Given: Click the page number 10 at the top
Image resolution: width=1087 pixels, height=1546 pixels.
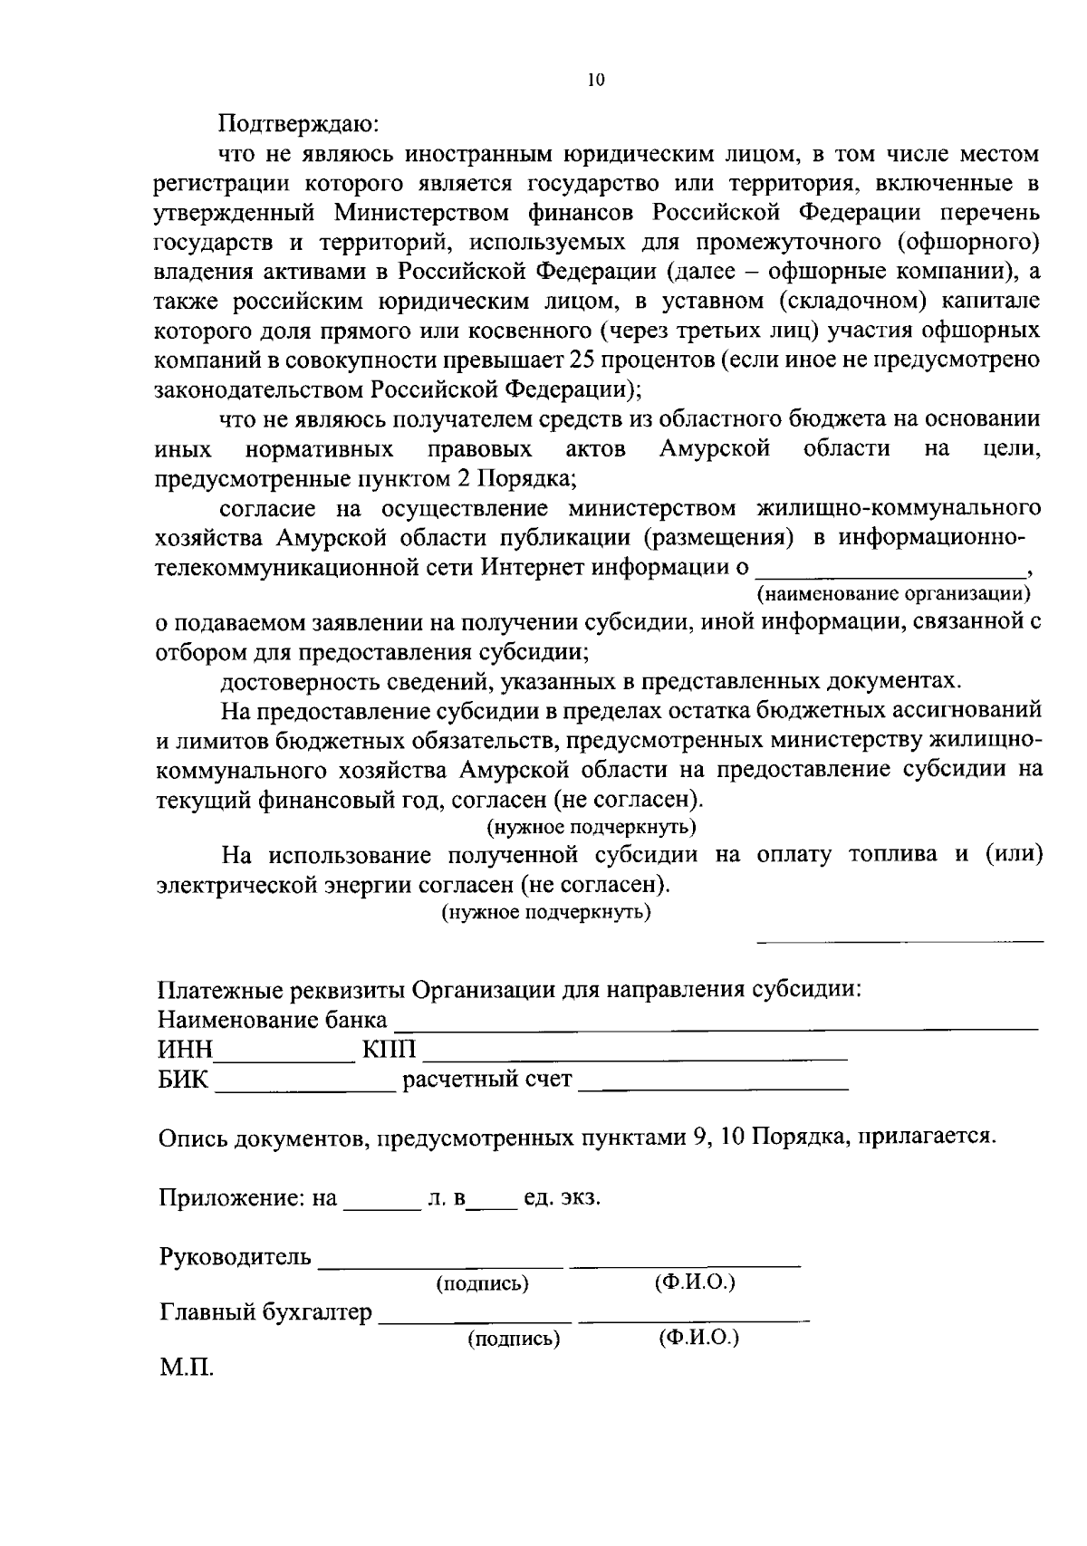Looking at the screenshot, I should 595,81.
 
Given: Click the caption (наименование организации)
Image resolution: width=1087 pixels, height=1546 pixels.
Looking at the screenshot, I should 894,594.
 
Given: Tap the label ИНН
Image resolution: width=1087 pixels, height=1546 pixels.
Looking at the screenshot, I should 186,1051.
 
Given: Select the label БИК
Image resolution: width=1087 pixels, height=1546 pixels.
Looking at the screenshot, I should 183,1080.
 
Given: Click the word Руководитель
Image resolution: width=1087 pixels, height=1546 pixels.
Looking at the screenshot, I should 236,1258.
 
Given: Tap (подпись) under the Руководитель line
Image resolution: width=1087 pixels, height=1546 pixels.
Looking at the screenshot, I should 482,1283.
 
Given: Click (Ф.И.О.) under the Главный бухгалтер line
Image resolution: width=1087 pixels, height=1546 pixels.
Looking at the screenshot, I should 698,1337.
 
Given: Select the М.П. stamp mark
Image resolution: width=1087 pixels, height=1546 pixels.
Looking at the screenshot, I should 187,1368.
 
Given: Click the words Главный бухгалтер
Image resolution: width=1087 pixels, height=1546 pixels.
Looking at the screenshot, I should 265,1313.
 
